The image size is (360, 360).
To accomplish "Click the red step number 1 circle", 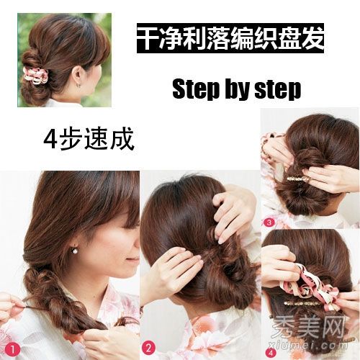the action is [x=12, y=349].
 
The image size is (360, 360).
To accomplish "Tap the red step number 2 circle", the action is [x=148, y=348].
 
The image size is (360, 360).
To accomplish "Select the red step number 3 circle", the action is [x=269, y=222].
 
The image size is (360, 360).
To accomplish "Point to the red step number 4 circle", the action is [x=271, y=353].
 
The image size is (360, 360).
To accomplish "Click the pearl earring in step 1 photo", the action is [x=75, y=251].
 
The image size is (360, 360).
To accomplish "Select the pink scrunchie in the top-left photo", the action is [x=36, y=76].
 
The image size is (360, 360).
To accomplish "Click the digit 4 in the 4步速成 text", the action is [x=50, y=139].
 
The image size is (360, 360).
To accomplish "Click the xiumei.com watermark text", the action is [x=309, y=346].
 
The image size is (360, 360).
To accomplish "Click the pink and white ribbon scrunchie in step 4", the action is [x=315, y=283].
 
